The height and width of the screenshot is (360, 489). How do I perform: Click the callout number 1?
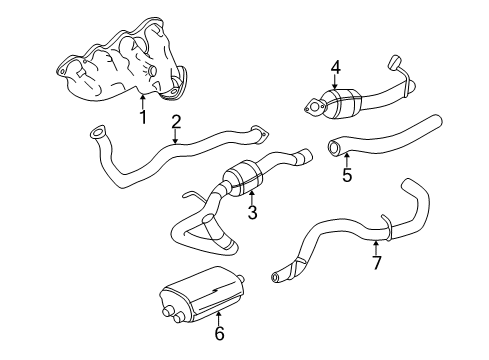[x=144, y=117]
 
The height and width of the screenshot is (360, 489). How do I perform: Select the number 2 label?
[x=176, y=122]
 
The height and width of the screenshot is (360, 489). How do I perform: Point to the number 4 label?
[x=336, y=69]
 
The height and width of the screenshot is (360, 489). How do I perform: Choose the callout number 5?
[x=346, y=174]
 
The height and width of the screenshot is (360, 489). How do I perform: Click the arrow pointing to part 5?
[x=346, y=159]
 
